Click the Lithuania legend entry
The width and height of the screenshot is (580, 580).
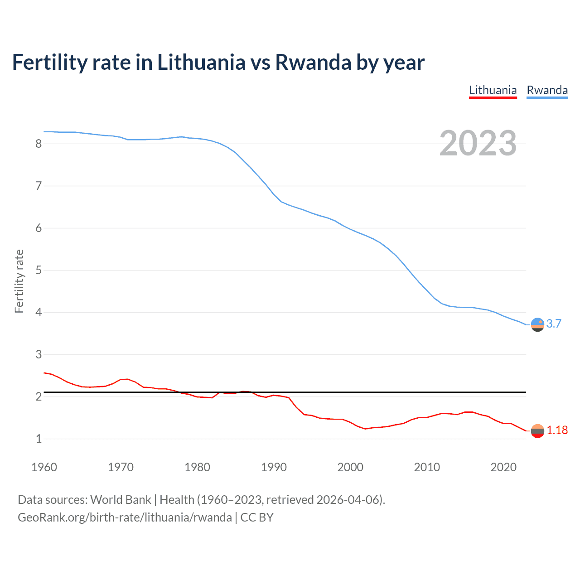click(493, 90)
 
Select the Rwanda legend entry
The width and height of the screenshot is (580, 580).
click(547, 90)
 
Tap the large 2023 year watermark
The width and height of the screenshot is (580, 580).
click(478, 143)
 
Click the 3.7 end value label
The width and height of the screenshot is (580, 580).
click(554, 324)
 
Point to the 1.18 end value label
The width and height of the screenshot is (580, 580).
click(557, 430)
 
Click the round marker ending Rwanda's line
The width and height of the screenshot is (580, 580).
click(537, 324)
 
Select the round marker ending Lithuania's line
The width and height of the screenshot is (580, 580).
click(537, 431)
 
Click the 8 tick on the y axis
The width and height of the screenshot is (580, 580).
click(39, 144)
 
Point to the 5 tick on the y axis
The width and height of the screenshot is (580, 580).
click(39, 270)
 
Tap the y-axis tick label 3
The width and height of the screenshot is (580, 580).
click(39, 354)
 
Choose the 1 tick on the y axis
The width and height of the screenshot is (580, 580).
click(39, 439)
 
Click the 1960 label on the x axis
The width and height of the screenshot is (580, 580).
click(44, 467)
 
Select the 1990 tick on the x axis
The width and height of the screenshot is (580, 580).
click(274, 467)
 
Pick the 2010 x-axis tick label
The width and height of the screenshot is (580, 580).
click(427, 467)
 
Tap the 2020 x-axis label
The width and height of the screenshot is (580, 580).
click(503, 467)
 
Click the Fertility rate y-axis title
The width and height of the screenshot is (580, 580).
click(19, 281)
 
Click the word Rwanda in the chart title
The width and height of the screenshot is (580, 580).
click(313, 62)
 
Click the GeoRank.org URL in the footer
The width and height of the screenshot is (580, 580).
click(125, 517)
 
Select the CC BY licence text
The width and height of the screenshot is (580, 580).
click(257, 517)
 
